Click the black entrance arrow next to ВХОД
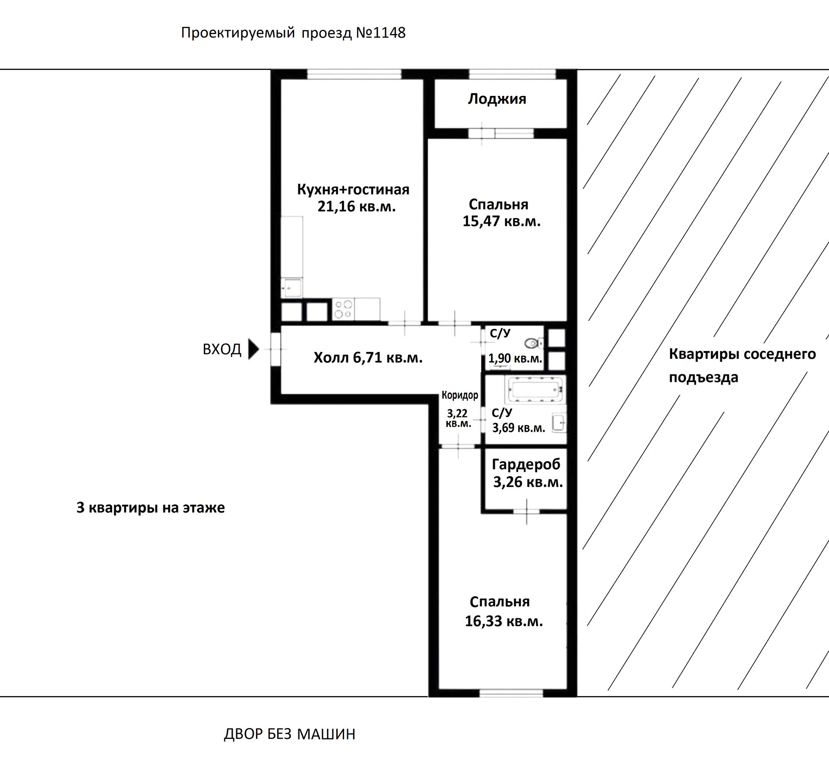pos(253,349)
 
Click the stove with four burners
pos(343,309)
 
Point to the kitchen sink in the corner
pos(292,287)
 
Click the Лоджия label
pos(497,99)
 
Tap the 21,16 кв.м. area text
pos(356,206)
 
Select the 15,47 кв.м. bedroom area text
pos(501,222)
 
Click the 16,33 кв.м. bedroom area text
pos(503,621)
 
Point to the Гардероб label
pos(526,464)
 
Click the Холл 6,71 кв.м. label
pos(368,358)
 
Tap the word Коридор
pos(460,395)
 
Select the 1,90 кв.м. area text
pos(515,358)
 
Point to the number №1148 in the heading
pos(380,33)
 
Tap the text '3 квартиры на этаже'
pos(150,507)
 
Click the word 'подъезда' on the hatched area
pos(703,377)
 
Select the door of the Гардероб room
pos(526,511)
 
